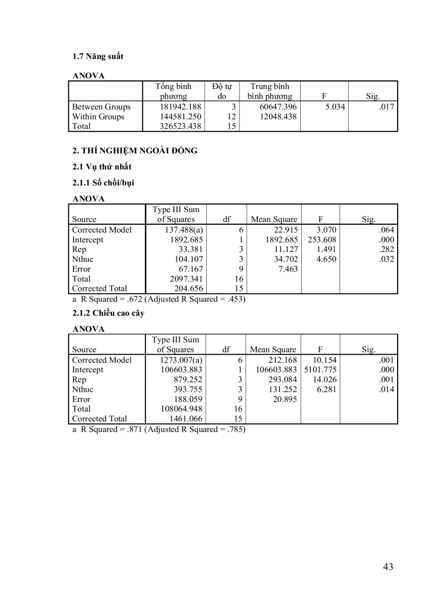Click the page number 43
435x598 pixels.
point(388,567)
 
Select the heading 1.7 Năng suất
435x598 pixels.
point(98,56)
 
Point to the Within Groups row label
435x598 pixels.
point(98,117)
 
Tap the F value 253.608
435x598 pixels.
point(322,240)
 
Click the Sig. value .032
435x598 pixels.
point(384,259)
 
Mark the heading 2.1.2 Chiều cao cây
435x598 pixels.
point(108,313)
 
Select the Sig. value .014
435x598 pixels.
point(384,389)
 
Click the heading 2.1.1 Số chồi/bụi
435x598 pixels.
point(103,183)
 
